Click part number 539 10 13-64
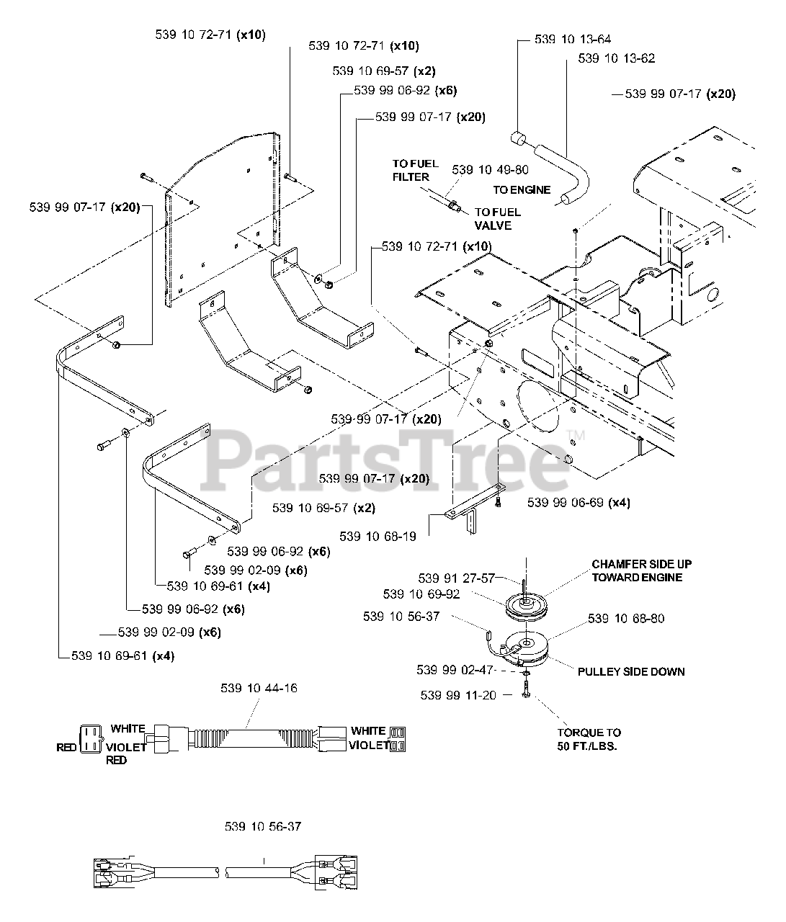click(x=572, y=39)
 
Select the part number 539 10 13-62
click(x=617, y=58)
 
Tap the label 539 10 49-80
click(x=490, y=170)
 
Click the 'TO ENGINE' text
click(x=522, y=190)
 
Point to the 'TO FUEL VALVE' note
click(x=497, y=218)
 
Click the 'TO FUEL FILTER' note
click(x=415, y=171)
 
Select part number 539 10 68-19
click(x=378, y=536)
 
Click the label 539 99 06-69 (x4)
click(x=579, y=503)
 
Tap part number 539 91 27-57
click(x=456, y=578)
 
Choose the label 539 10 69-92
click(x=421, y=594)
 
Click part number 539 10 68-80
click(x=626, y=618)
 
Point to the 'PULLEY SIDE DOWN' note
click(x=631, y=672)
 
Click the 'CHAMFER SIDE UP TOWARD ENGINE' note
click(x=641, y=570)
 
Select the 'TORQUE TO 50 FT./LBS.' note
click(x=589, y=739)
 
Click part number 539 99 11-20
click(x=458, y=695)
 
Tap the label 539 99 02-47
click(x=455, y=670)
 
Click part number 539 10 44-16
click(x=259, y=689)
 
